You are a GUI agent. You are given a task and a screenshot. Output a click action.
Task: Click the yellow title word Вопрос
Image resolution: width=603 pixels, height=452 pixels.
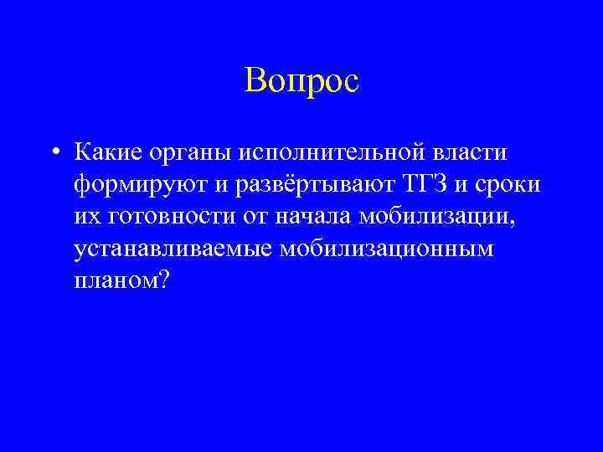301,80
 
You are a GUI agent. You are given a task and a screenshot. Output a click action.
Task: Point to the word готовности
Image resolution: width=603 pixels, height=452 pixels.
167,217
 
